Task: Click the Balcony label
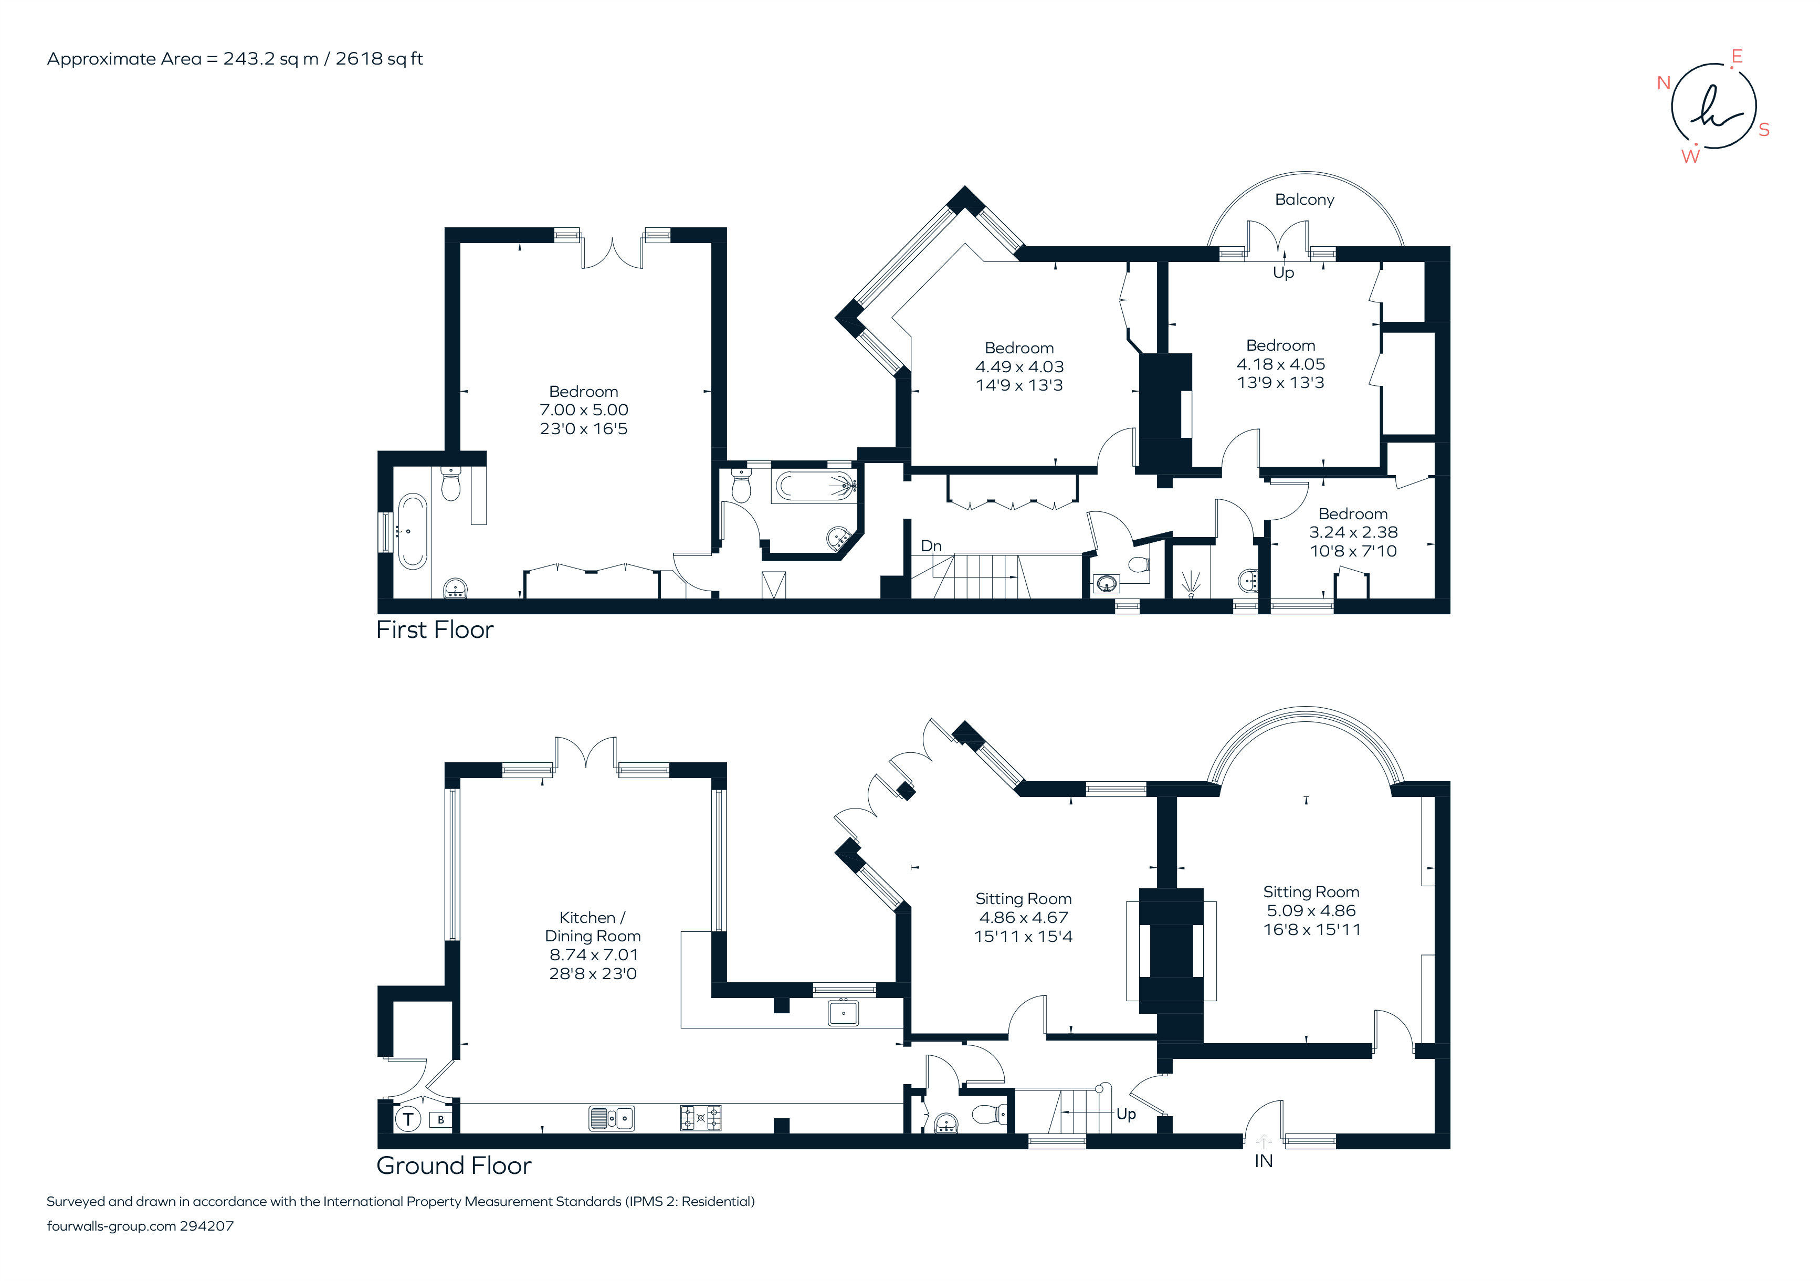1304,199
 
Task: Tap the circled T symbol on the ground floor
408,1119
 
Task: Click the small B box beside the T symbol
441,1120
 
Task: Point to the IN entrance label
1264,1161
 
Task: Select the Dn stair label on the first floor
931,546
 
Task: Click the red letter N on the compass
1664,82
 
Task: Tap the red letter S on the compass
1764,130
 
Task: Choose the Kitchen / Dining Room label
593,927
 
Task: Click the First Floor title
434,629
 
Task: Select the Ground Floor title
454,1165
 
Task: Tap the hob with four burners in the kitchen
701,1118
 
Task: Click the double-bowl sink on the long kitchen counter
611,1118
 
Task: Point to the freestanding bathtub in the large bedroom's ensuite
412,531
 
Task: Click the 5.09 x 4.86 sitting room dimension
1311,911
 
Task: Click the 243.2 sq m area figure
270,59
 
